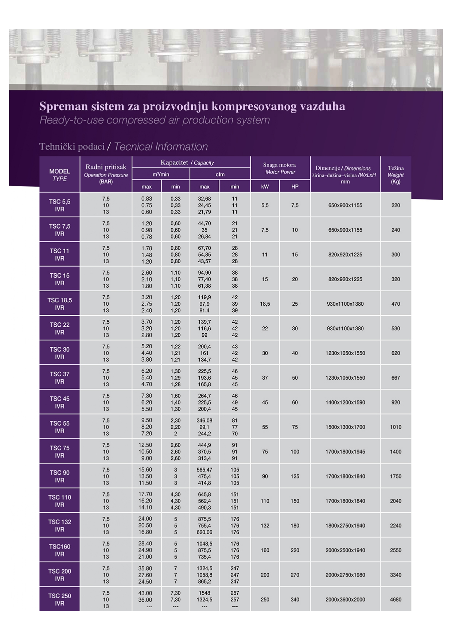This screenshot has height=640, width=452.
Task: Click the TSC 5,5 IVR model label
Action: point(59,205)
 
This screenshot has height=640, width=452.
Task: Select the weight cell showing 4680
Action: point(395,599)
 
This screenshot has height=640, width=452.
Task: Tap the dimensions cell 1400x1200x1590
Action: point(345,402)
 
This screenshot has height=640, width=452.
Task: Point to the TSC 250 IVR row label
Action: point(59,599)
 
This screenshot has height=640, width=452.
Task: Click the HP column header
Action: point(295,186)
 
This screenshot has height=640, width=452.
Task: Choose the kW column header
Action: point(265,186)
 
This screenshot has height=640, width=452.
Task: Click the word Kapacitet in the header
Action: point(174,162)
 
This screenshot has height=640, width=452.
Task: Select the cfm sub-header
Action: point(220,174)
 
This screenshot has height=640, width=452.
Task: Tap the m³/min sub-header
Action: point(161,174)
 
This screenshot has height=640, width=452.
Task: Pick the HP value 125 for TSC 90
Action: point(295,476)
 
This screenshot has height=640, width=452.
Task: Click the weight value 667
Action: point(395,378)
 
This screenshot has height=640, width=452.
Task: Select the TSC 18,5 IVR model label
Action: point(59,303)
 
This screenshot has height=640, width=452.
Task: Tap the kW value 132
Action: point(265,525)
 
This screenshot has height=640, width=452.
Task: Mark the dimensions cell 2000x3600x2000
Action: point(345,599)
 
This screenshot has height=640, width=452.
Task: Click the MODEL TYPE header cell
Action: point(59,175)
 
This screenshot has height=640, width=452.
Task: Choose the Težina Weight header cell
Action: point(395,175)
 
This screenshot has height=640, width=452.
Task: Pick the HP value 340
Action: point(295,599)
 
